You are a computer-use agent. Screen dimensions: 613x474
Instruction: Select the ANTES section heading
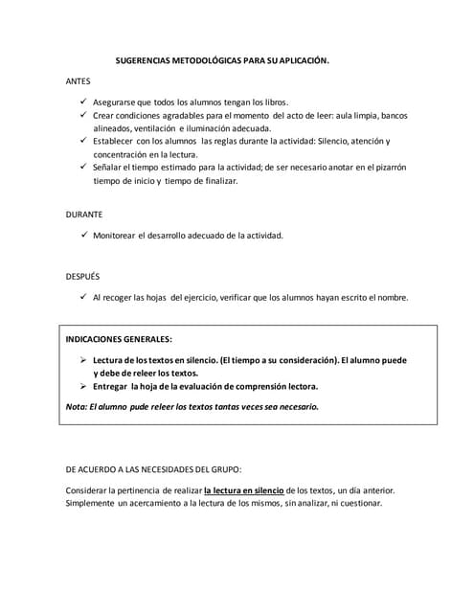78,81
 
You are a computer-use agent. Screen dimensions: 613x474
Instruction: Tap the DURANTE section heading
83,215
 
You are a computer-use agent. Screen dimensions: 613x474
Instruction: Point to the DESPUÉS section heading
82,276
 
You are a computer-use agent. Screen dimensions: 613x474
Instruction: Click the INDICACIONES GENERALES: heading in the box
119,339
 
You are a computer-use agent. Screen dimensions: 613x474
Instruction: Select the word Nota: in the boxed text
76,406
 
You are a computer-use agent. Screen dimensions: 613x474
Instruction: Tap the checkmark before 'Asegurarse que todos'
83,101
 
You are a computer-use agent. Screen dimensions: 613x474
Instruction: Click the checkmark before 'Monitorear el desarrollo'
83,235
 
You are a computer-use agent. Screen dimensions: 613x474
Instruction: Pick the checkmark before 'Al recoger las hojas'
83,297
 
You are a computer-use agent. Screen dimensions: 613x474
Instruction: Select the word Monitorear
115,235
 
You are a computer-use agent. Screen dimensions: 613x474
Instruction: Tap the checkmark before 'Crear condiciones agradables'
83,114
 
